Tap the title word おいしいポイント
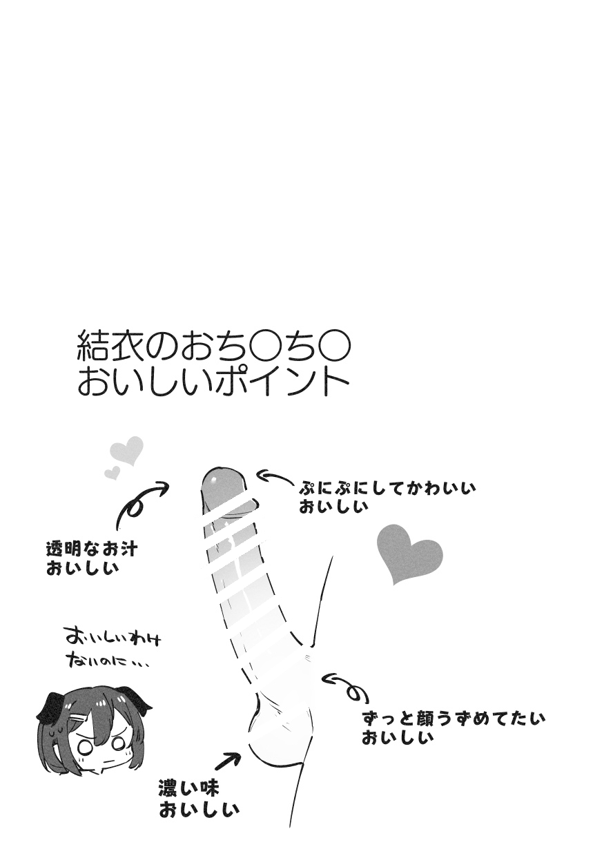(213, 383)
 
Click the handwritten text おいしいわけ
(113, 639)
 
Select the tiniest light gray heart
(113, 473)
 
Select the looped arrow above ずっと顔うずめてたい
(345, 686)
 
